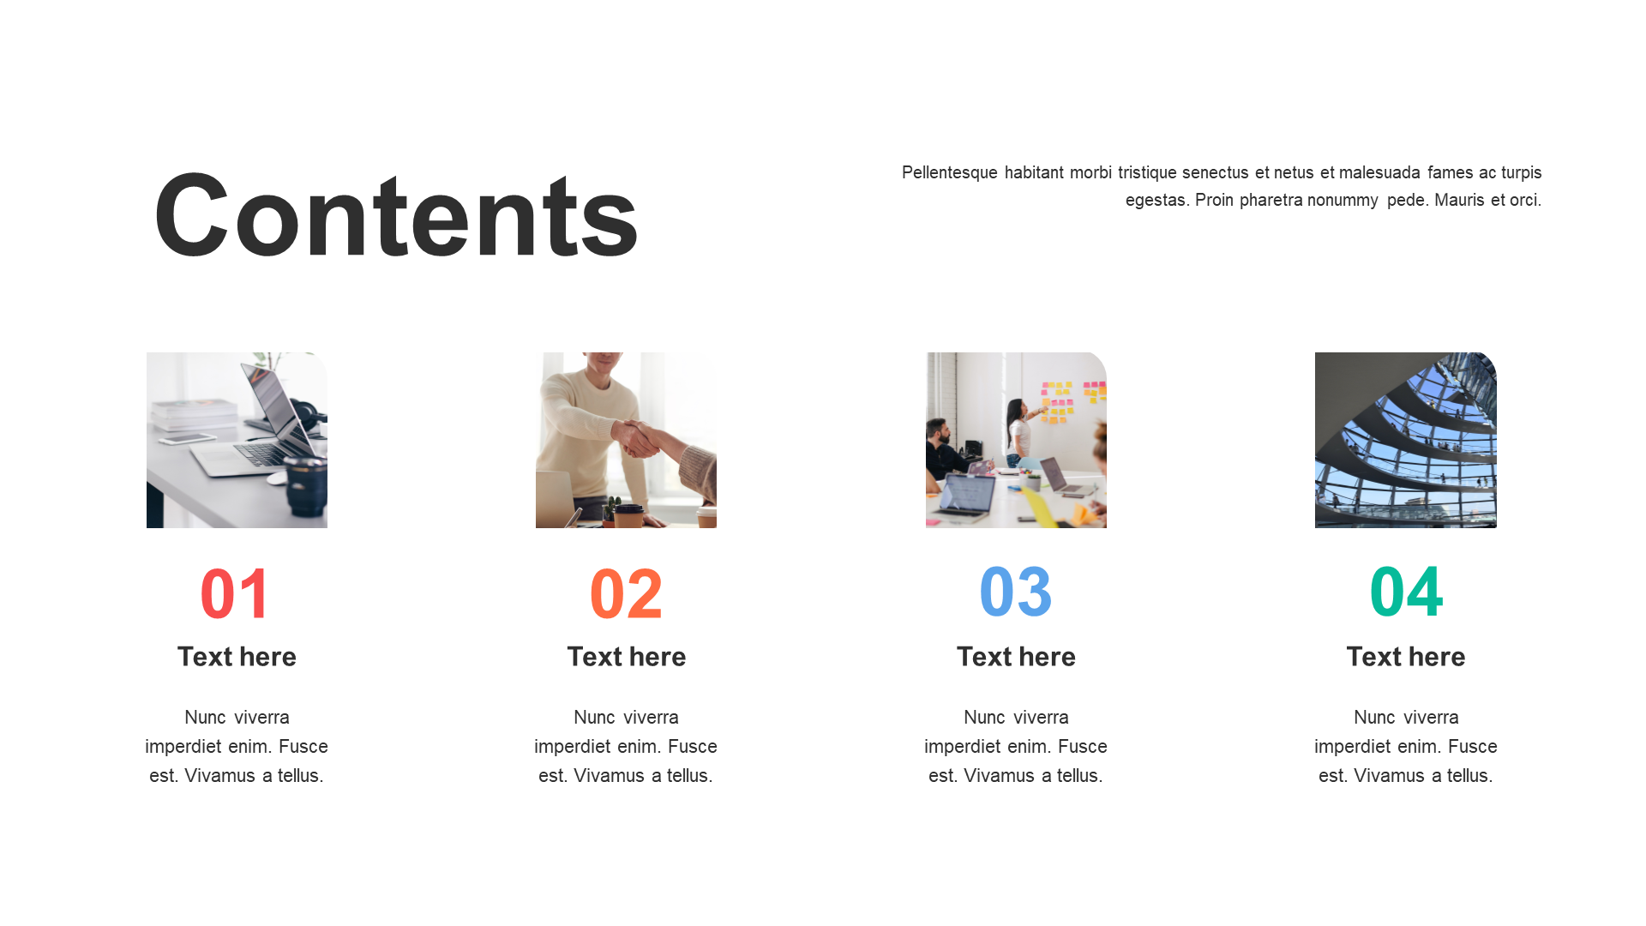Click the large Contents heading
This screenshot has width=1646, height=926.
396,215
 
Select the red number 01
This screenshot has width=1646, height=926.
235,593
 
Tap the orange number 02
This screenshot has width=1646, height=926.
626,593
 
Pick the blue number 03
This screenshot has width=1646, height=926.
1016,592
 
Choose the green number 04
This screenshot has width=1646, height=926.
1406,592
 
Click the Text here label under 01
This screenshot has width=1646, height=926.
237,657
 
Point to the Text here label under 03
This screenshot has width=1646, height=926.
1016,657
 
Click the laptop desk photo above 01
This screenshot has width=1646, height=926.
237,440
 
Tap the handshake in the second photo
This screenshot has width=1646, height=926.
639,438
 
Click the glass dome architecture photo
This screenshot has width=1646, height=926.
1406,440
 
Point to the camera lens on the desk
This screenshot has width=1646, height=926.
306,487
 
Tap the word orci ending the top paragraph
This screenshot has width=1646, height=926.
1526,200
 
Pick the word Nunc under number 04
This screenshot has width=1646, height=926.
1374,718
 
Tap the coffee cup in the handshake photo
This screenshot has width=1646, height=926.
628,514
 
